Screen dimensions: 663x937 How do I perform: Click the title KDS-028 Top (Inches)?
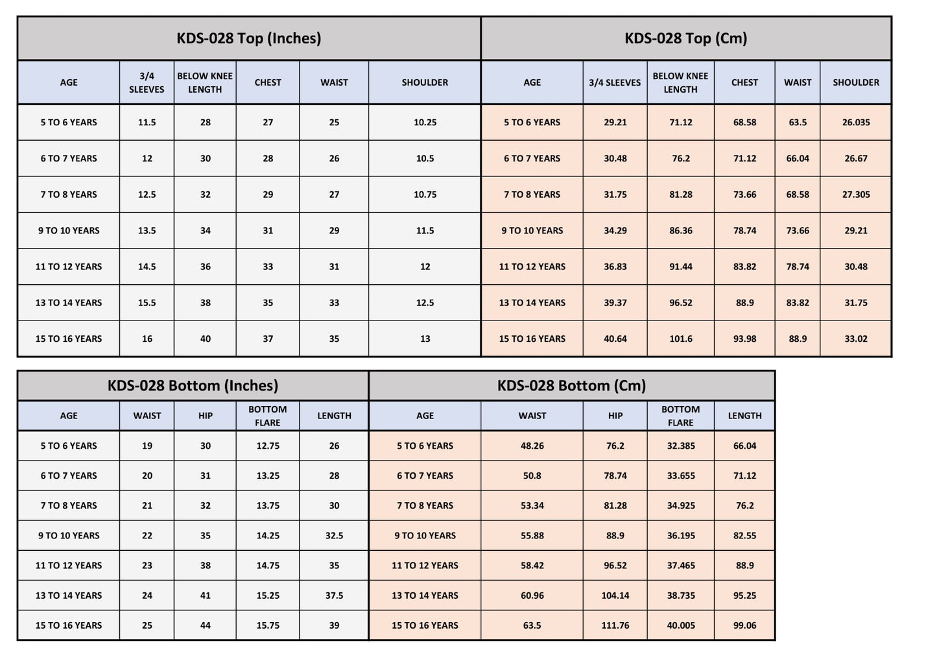pos(248,38)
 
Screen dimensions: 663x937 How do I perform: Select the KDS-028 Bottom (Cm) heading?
pos(571,386)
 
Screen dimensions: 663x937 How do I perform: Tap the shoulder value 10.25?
pos(425,123)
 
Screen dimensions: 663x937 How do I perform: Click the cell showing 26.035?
pos(855,123)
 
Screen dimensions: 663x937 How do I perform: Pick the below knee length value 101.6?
pos(680,339)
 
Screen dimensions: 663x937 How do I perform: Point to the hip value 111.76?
pos(615,625)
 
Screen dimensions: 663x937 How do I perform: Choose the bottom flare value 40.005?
pos(680,625)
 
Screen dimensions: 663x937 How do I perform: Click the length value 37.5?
pos(334,596)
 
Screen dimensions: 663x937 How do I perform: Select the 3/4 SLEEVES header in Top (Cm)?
pos(615,82)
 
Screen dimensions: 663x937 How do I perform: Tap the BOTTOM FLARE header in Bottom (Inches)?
pos(267,416)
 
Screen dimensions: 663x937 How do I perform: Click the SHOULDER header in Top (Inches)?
pos(425,82)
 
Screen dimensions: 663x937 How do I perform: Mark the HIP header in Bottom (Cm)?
pos(615,416)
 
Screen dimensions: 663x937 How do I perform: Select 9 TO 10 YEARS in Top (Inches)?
pos(69,230)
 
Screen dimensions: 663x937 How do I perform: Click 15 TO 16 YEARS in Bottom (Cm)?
pos(425,625)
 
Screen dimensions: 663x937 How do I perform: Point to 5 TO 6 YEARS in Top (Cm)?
pos(532,123)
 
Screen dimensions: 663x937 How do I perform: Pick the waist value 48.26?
pos(532,446)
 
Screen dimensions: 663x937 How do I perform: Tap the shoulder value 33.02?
pos(855,339)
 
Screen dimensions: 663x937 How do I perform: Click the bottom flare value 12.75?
pos(267,446)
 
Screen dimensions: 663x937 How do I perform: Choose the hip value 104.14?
pos(615,596)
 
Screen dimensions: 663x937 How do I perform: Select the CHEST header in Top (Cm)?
pos(744,82)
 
